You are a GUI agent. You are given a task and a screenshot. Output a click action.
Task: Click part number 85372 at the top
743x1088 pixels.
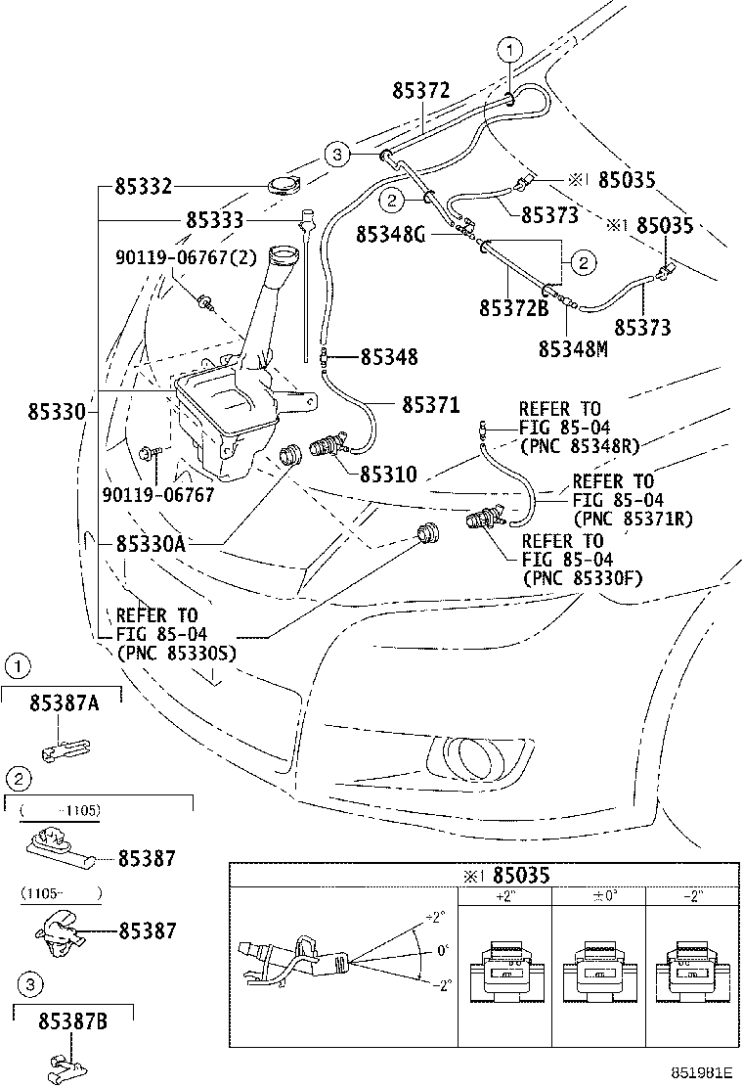[x=420, y=92]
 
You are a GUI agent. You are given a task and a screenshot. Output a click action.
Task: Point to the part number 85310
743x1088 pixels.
[x=388, y=476]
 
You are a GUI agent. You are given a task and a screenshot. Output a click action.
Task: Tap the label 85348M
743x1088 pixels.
[x=573, y=348]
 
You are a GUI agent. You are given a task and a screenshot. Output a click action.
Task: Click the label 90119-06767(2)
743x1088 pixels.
[x=186, y=256]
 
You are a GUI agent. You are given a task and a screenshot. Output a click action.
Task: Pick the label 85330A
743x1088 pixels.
[x=150, y=543]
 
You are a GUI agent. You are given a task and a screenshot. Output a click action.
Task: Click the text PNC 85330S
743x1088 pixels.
[x=176, y=653]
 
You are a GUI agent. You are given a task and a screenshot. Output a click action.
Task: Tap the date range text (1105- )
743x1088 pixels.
[x=62, y=892]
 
